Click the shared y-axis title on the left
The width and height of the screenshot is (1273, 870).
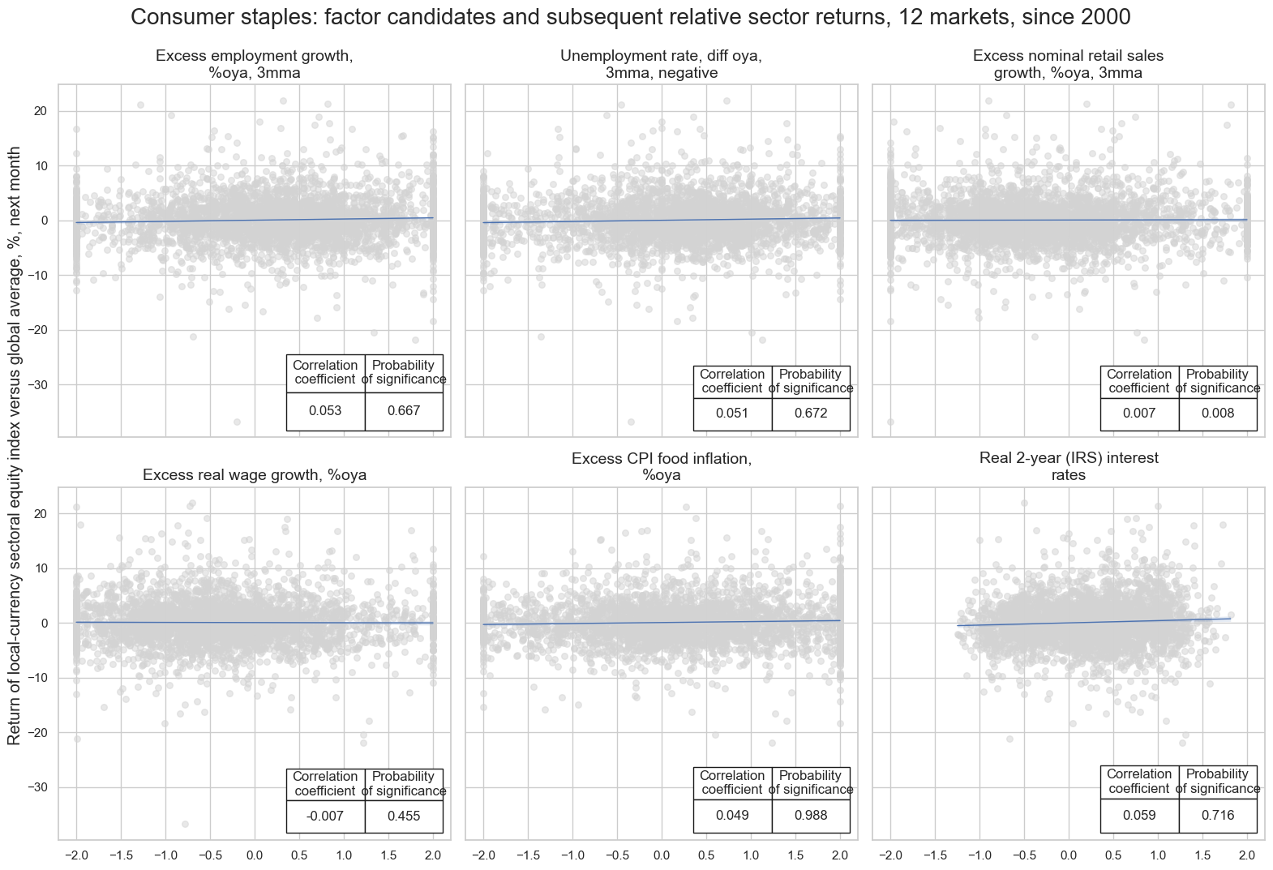[x=15, y=446]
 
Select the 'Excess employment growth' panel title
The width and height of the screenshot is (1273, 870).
[x=254, y=64]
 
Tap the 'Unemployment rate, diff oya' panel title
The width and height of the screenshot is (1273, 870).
[x=661, y=64]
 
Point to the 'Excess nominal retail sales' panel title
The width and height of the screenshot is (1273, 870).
[x=1068, y=64]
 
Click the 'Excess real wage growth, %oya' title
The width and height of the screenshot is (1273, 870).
[x=254, y=475]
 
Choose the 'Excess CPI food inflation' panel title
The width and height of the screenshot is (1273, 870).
[x=661, y=466]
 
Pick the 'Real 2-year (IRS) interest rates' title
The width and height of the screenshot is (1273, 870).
[x=1068, y=466]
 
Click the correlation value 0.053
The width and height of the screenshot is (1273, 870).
[x=325, y=411]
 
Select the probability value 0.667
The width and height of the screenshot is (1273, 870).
[x=404, y=411]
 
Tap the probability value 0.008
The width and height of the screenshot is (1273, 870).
[x=1218, y=414]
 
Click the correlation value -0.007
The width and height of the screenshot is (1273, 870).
[x=325, y=816]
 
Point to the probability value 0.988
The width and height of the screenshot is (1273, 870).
[x=811, y=816]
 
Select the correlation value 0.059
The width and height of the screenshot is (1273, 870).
[x=1139, y=816]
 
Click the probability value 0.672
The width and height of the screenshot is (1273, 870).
[x=811, y=414]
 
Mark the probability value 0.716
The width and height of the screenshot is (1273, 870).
[x=1218, y=816]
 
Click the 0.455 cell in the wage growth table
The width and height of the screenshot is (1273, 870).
[x=404, y=816]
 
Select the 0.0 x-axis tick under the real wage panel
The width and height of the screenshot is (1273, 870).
[x=254, y=855]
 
